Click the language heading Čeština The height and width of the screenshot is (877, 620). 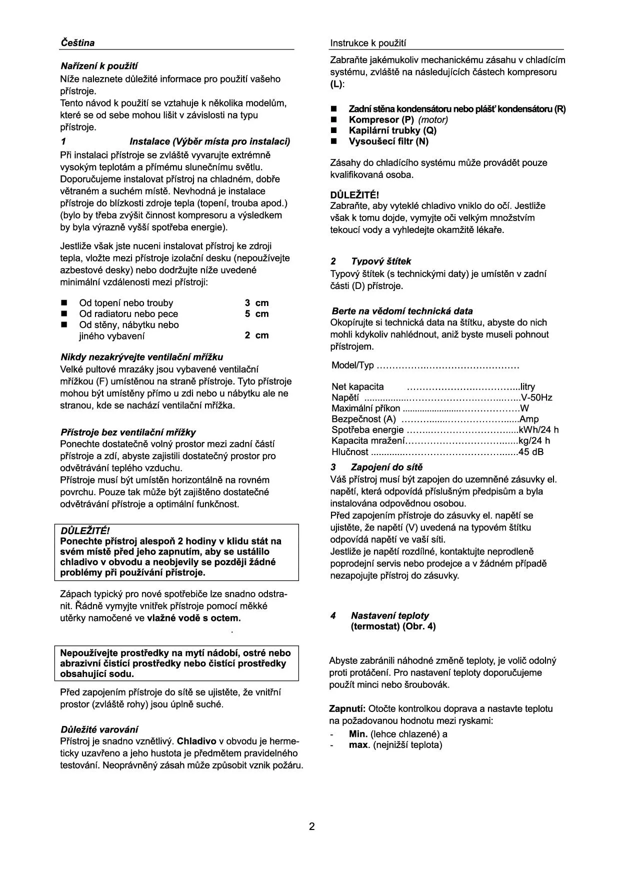coord(77,42)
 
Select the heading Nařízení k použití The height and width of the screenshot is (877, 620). coord(99,66)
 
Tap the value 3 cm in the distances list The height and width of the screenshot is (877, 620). coord(256,302)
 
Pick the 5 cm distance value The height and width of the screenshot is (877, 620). coord(256,313)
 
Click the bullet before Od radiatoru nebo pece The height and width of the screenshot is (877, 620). coord(63,314)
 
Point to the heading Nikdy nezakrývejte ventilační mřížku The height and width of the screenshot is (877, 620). coord(141,357)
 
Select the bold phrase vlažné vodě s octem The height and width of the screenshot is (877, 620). coord(193,618)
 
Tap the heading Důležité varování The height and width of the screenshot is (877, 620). coord(99,729)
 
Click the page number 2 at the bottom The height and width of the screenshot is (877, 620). coord(312,826)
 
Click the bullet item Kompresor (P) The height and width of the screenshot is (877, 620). coord(381,119)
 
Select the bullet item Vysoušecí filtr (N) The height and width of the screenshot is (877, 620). coord(388,141)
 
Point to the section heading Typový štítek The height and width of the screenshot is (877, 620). coord(381,261)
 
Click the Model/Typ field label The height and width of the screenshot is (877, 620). coord(352,365)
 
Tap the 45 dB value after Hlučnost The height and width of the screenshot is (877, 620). coord(531,452)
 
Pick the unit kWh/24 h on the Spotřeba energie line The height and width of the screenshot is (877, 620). coord(538,430)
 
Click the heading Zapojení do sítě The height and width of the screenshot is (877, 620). coord(386,467)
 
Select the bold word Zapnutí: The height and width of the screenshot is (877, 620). coord(347,708)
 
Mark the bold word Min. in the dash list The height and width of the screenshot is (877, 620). coord(358,734)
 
